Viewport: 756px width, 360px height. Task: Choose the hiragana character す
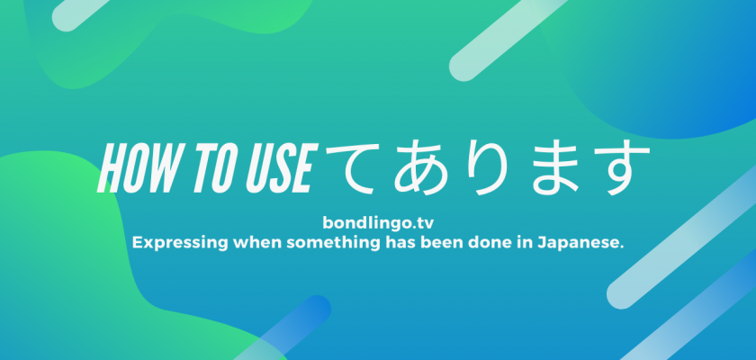(619, 168)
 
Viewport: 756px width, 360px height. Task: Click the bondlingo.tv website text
(378, 223)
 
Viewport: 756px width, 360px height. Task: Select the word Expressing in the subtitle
(180, 243)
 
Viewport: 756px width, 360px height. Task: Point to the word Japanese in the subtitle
(583, 243)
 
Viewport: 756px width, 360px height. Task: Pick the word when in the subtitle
(257, 243)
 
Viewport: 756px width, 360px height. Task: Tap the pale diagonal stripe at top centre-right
(508, 39)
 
